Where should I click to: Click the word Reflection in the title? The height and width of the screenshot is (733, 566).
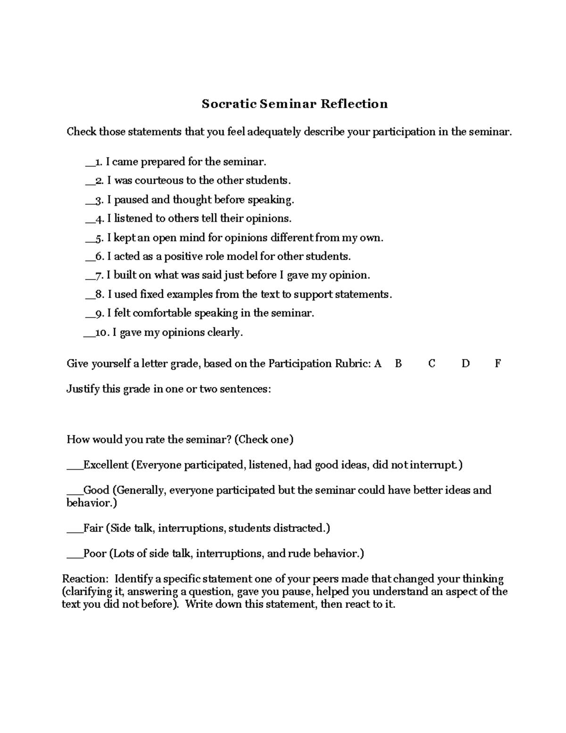(354, 104)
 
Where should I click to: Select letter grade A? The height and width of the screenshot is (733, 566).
(377, 363)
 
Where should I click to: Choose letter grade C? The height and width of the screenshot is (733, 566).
(432, 363)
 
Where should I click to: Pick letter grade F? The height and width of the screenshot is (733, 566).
(498, 363)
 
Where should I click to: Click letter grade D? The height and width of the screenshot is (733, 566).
(466, 363)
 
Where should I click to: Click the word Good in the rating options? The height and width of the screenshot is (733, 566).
(96, 490)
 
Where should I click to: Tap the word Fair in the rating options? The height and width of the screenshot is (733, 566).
(93, 528)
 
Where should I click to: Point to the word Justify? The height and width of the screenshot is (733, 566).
(83, 389)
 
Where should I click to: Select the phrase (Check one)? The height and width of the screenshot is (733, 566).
(264, 439)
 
